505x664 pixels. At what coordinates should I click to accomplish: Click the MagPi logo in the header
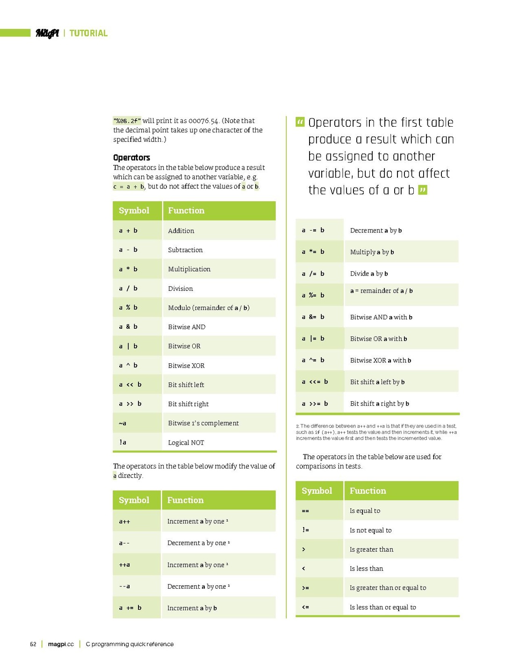tap(47, 33)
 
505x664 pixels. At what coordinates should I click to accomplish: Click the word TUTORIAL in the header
tap(88, 33)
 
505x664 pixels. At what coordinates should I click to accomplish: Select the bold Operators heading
tap(131, 158)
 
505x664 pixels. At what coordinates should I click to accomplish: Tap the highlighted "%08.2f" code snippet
tap(127, 121)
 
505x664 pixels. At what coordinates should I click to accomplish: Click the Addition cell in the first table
tap(181, 231)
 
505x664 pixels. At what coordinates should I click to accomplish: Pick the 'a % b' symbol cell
tap(128, 307)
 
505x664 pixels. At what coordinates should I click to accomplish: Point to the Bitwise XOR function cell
tap(186, 365)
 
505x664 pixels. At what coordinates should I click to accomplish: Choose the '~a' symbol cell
tap(123, 423)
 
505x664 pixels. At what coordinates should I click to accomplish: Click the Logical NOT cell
tap(186, 442)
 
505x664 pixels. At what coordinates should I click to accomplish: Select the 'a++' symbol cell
tap(124, 521)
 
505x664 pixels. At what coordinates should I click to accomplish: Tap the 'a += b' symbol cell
tap(130, 608)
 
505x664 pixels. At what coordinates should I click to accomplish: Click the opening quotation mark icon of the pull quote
tap(300, 123)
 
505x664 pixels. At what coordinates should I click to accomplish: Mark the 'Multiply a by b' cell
tap(372, 252)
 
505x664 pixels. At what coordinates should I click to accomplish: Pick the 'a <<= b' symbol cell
tap(315, 382)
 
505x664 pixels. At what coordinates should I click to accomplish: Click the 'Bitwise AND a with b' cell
tap(381, 317)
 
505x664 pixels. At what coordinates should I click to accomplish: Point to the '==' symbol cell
tap(305, 511)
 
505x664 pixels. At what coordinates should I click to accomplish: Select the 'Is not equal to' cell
tap(370, 530)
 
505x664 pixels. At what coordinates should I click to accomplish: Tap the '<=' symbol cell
tap(305, 607)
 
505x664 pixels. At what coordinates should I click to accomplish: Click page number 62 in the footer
tap(33, 644)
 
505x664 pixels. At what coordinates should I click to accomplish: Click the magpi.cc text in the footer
tap(61, 644)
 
